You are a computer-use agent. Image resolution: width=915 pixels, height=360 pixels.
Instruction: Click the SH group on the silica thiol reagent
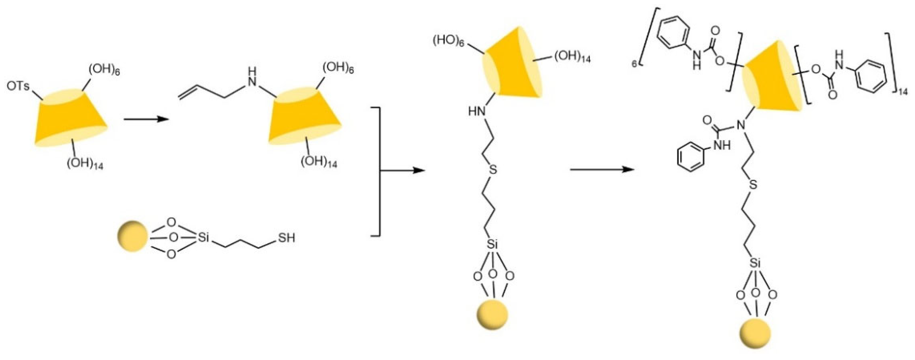pyautogui.click(x=286, y=238)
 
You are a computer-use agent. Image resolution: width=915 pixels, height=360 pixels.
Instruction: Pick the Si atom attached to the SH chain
pyautogui.click(x=203, y=238)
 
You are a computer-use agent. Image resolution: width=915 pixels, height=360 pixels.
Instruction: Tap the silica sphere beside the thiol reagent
pyautogui.click(x=132, y=236)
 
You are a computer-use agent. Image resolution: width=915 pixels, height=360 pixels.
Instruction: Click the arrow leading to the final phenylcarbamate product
pyautogui.click(x=602, y=170)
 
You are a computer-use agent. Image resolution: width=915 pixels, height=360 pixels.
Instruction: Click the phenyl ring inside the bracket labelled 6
pyautogui.click(x=672, y=41)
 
